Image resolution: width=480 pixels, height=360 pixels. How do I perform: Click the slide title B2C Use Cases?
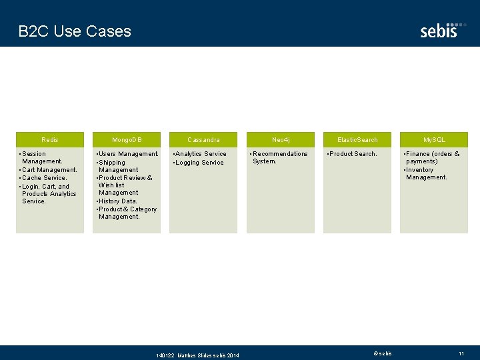(x=75, y=31)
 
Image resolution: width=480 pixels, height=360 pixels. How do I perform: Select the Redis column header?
(x=50, y=140)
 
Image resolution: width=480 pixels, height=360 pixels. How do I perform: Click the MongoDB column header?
(x=127, y=140)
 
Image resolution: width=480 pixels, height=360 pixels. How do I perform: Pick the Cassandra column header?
(x=203, y=140)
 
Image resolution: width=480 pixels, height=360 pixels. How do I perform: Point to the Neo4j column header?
(x=281, y=140)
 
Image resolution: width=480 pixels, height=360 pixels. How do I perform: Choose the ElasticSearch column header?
(x=357, y=140)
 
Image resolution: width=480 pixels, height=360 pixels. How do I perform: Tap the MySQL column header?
(x=434, y=140)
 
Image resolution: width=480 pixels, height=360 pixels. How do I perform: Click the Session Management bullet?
(x=41, y=157)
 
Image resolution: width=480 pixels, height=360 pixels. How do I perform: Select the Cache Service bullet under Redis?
(x=44, y=178)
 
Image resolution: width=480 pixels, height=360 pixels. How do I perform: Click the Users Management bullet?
(x=128, y=154)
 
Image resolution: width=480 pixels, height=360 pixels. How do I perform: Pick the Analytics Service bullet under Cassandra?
(x=200, y=154)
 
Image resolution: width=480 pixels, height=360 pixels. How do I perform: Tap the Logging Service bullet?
(x=199, y=163)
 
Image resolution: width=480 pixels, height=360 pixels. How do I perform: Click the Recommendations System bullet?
(x=279, y=157)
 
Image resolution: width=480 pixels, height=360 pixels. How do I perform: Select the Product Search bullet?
(x=353, y=154)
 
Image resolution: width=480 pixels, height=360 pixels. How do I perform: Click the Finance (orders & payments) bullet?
(x=432, y=157)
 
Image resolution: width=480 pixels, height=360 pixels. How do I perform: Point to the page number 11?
(x=461, y=353)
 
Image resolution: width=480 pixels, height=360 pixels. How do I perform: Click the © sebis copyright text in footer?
(x=383, y=353)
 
